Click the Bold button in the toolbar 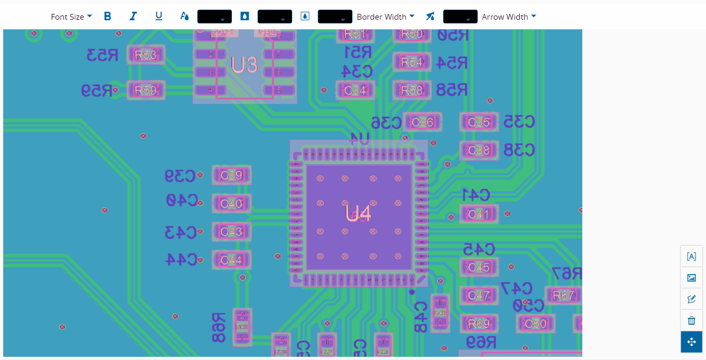point(108,17)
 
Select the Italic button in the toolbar point(133,17)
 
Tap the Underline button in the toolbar point(158,17)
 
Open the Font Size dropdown point(71,17)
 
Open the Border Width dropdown point(385,17)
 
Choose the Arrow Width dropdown point(508,17)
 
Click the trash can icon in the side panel point(692,321)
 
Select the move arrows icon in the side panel point(692,342)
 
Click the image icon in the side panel point(692,278)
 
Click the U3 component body point(245,65)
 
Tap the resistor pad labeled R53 point(146,55)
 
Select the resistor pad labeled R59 point(146,91)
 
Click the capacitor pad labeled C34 point(355,91)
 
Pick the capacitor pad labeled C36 point(422,122)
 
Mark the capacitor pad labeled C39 point(231,175)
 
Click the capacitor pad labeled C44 point(231,260)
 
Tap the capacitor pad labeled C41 point(479,214)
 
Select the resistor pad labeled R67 point(564,295)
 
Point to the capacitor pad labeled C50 point(535,324)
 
